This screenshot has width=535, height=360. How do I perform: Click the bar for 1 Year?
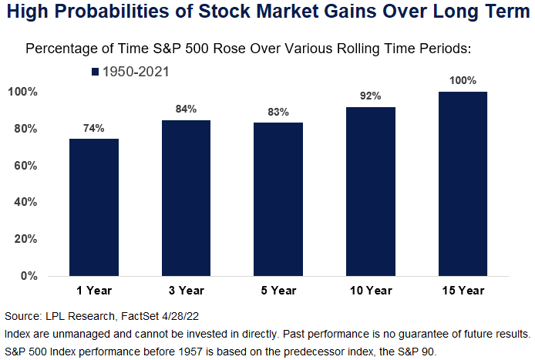[x=94, y=207]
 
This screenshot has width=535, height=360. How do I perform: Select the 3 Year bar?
[x=186, y=198]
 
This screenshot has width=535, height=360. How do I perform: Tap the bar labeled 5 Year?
[x=278, y=199]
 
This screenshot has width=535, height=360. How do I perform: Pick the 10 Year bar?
[x=371, y=191]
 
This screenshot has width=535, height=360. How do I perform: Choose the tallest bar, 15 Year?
[x=463, y=183]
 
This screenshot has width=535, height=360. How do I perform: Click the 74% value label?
[x=94, y=128]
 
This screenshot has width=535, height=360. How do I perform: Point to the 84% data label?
[x=186, y=109]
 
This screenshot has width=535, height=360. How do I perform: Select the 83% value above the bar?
[x=278, y=112]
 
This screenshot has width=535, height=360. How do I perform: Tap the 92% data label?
[x=371, y=96]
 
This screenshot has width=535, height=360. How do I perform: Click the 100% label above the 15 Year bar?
[x=463, y=80]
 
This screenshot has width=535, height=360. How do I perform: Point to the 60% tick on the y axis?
[x=25, y=166]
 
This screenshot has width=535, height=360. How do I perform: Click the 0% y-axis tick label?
[x=29, y=276]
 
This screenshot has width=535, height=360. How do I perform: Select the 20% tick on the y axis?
[x=25, y=239]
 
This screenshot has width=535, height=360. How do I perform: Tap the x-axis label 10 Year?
[x=371, y=291]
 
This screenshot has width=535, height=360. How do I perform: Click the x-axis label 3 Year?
[x=187, y=291]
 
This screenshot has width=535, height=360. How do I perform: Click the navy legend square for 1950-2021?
[x=95, y=72]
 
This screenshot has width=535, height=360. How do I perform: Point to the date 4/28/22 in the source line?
[x=180, y=316]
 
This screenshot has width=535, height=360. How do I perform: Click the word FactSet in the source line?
[x=140, y=316]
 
